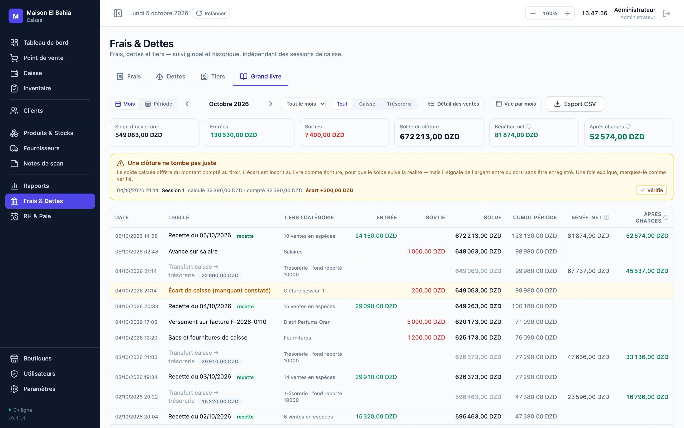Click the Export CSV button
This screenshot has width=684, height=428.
575,104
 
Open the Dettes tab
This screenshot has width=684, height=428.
171,76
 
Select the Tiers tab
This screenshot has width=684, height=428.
213,76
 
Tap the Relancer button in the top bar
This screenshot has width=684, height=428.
211,13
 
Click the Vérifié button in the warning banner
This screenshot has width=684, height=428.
651,190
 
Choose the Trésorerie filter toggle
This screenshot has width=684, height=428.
399,104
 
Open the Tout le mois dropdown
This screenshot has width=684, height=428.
303,104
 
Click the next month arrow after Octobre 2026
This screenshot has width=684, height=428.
271,104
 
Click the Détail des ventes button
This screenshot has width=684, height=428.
454,104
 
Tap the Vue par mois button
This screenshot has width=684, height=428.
516,104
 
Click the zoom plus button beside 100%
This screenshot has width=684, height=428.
567,13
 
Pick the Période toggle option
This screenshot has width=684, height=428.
159,104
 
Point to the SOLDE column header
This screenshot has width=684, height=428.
492,217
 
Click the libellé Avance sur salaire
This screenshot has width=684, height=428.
193,251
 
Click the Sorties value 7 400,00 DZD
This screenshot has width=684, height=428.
324,135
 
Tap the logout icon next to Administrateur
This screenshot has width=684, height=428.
666,13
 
